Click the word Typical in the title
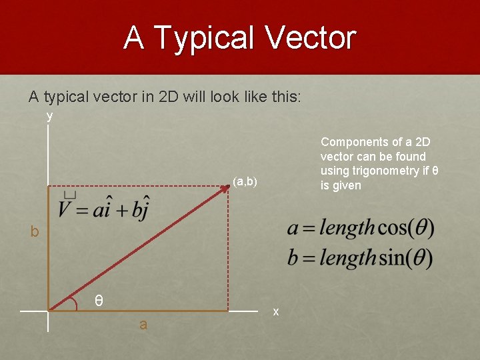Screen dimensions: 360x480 click(203, 38)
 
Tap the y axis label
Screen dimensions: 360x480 click(49, 116)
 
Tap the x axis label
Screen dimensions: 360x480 click(276, 311)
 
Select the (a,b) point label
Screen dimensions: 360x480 click(245, 181)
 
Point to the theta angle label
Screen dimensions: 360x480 click(98, 301)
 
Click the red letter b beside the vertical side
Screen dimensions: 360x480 click(34, 232)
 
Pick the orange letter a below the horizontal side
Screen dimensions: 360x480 click(143, 325)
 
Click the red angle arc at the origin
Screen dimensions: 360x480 click(71, 303)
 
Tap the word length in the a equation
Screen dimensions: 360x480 click(346, 229)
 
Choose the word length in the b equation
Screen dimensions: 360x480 click(346, 257)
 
